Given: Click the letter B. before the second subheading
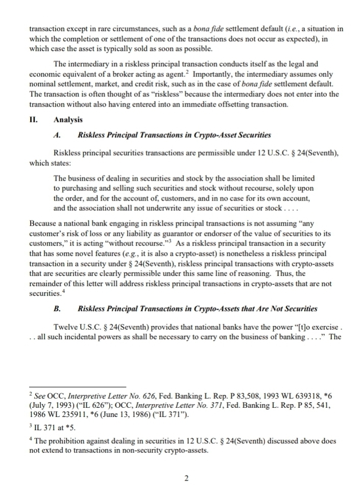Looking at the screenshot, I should pos(57,309).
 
